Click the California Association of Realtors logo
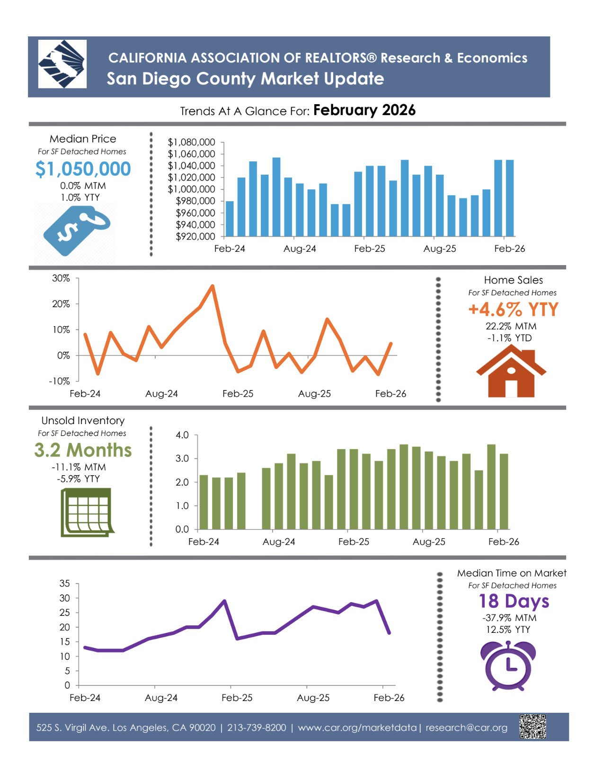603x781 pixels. [x=62, y=64]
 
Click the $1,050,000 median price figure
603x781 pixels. [x=83, y=169]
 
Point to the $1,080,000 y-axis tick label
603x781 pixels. [x=191, y=142]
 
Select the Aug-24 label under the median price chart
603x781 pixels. [x=300, y=249]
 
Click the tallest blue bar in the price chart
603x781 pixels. [x=276, y=196]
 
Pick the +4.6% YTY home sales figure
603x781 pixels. [x=513, y=310]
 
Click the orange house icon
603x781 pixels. [x=511, y=371]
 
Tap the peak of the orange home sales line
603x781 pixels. [x=213, y=286]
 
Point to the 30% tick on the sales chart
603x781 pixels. [x=61, y=278]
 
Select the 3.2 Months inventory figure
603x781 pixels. [x=83, y=450]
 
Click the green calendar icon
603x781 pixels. [x=87, y=513]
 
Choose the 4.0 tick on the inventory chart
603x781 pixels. [x=182, y=435]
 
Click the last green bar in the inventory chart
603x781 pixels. [x=504, y=491]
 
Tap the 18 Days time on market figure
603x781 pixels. [x=514, y=601]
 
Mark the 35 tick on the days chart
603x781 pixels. [x=65, y=584]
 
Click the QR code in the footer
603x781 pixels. [x=532, y=727]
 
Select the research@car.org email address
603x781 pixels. [x=466, y=728]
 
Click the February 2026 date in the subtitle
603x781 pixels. [x=364, y=110]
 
